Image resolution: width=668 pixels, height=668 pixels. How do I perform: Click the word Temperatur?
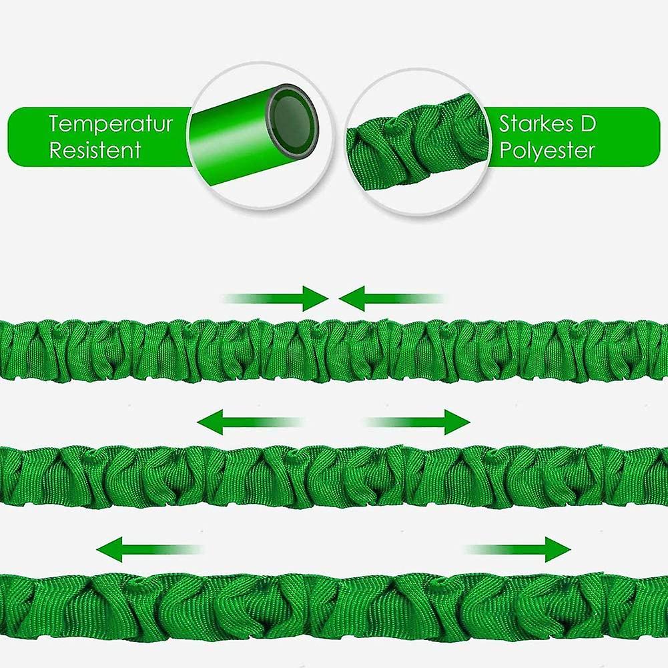(x=111, y=124)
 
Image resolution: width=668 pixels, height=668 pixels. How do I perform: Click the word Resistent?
(x=95, y=150)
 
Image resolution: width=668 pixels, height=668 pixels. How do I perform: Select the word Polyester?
(x=547, y=150)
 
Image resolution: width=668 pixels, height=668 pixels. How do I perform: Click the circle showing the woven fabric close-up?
(x=416, y=142)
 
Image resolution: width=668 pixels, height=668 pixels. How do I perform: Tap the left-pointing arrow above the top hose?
(x=392, y=298)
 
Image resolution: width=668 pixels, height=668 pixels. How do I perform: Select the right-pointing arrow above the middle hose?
(x=418, y=422)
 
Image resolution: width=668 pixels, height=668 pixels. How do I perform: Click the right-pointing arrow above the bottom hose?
(x=518, y=550)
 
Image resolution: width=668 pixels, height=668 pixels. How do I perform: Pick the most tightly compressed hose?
(x=334, y=350)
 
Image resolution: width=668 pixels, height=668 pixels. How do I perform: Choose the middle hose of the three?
(x=334, y=476)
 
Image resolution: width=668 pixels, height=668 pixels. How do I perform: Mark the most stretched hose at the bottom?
(x=334, y=607)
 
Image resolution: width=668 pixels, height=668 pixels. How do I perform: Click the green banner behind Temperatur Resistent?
(x=100, y=137)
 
